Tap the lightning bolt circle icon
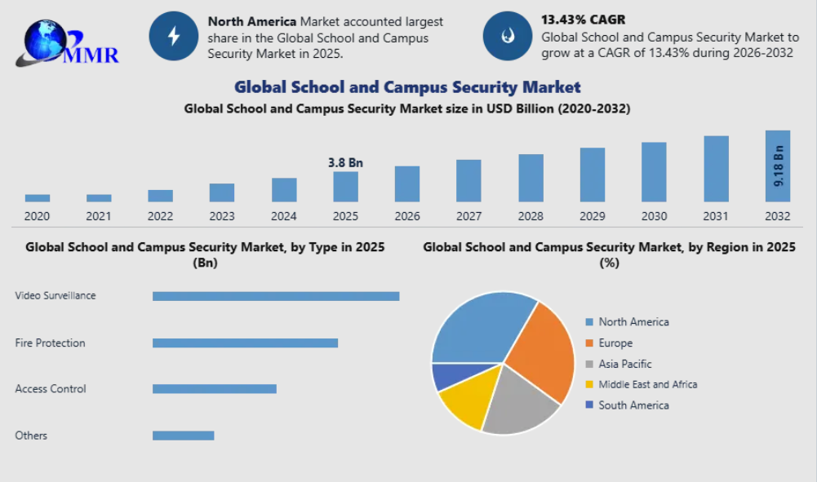click(173, 37)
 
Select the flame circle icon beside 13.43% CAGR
click(508, 37)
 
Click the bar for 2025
click(345, 187)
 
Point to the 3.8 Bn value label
click(345, 162)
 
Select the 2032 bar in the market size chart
click(777, 166)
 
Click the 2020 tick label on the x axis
click(37, 216)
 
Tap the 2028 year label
click(531, 216)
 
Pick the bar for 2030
click(654, 172)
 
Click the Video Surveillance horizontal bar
click(276, 296)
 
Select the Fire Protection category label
click(50, 343)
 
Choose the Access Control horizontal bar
click(214, 389)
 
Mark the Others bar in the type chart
click(183, 436)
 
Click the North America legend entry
click(633, 322)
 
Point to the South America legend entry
click(633, 405)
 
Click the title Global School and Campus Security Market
click(407, 86)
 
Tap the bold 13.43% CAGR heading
click(582, 19)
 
